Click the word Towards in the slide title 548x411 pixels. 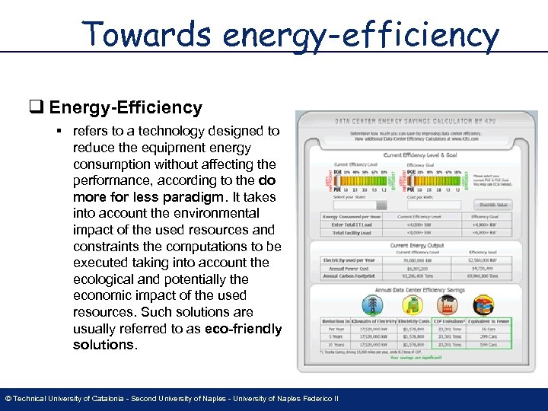[x=145, y=34]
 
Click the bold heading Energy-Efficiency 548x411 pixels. [x=126, y=108]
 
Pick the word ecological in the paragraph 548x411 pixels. [x=105, y=279]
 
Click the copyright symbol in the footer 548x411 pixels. [x=8, y=399]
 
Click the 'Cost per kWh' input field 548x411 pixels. [x=434, y=205]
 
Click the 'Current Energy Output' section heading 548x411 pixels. [x=416, y=246]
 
